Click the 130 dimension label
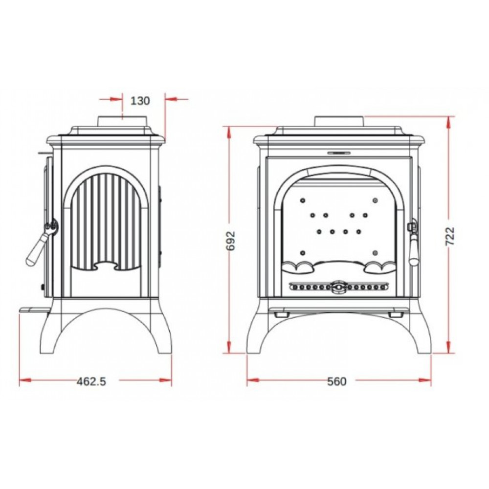point(140,101)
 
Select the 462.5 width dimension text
point(91,381)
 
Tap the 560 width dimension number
point(337,381)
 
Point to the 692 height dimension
point(231,241)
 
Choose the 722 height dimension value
point(451,236)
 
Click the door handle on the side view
point(39,243)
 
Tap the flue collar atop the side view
point(123,121)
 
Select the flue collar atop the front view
point(339,121)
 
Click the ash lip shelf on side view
point(35,310)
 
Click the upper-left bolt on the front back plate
point(302,200)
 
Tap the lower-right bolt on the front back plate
point(375,252)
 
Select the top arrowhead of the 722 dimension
point(449,122)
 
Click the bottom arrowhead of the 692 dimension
point(229,347)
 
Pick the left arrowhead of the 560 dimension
point(253,380)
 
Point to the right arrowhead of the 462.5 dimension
point(166,380)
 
